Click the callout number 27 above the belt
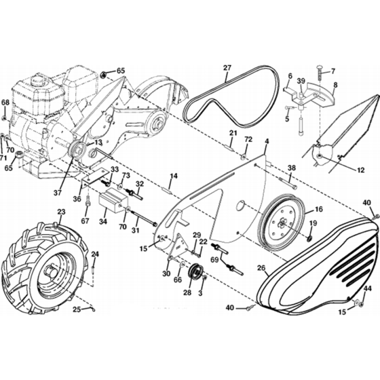point(227,68)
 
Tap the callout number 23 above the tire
point(61,212)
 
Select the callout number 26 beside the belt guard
point(261,268)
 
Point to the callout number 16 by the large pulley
point(319,209)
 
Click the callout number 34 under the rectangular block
point(103,221)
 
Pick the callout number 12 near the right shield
point(361,170)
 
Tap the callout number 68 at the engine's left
point(5,102)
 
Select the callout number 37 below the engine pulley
point(58,193)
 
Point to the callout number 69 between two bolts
point(214,260)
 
